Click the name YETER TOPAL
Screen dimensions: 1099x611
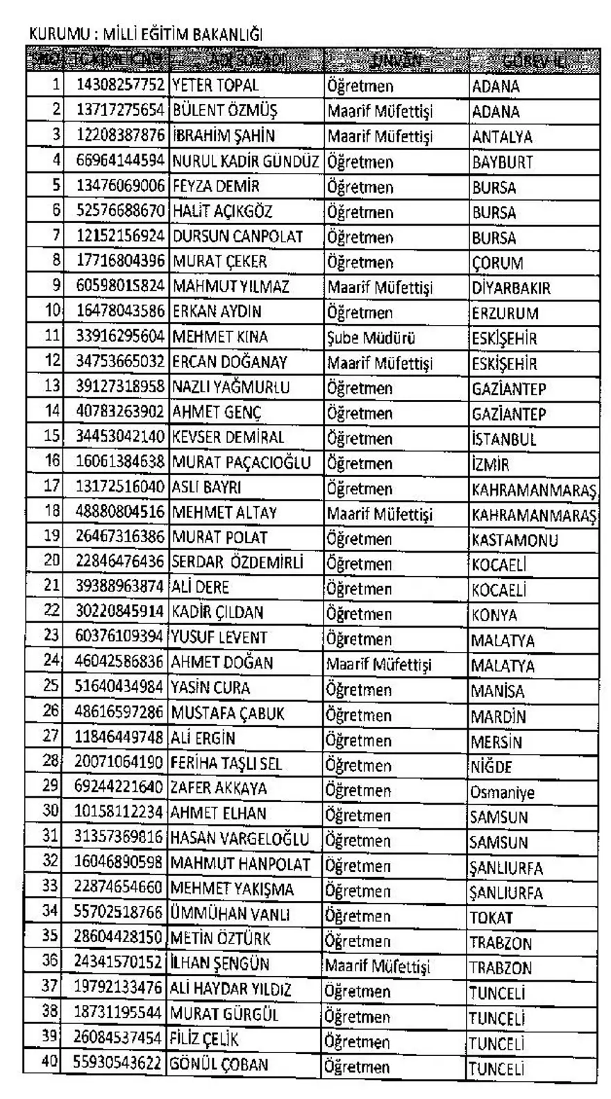(x=215, y=85)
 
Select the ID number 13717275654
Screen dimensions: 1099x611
(x=120, y=110)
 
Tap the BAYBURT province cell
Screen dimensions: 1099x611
(x=502, y=162)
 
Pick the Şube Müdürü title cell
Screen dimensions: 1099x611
(x=371, y=338)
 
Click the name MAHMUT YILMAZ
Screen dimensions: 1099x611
(x=231, y=286)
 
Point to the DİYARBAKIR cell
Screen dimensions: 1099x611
(x=511, y=287)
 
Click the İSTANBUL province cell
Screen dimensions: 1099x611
(x=504, y=439)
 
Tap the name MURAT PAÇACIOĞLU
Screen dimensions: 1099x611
(x=241, y=462)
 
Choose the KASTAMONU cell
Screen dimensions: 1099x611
(x=514, y=539)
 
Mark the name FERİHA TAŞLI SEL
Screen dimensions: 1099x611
(x=226, y=763)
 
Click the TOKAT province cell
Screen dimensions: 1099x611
(x=491, y=917)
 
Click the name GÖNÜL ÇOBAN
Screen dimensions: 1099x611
(x=219, y=1064)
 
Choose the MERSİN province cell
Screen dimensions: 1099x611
(x=496, y=741)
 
